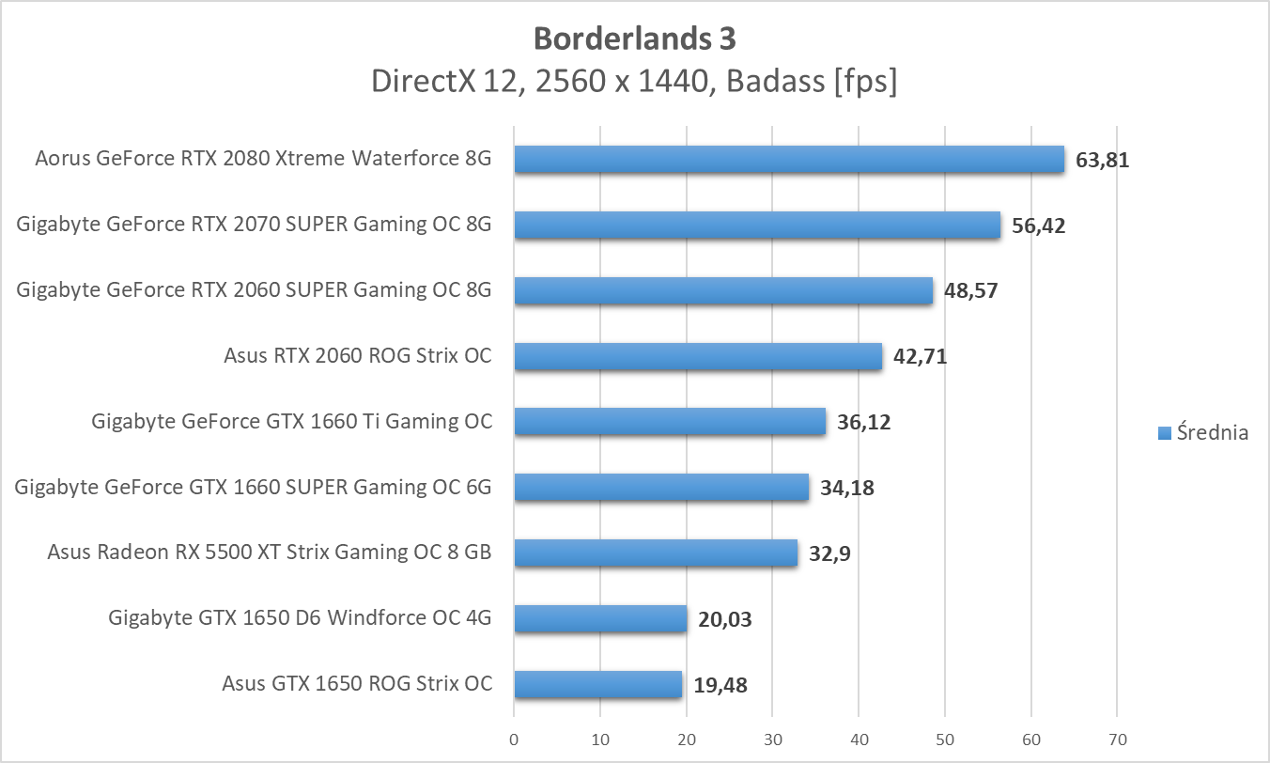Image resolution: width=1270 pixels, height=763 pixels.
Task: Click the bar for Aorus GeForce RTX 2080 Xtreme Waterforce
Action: tap(789, 160)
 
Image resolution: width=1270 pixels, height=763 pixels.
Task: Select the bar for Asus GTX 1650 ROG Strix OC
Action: tap(597, 684)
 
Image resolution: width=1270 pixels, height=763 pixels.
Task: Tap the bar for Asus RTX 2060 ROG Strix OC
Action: tap(698, 356)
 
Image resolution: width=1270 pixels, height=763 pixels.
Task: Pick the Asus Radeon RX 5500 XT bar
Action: tap(656, 553)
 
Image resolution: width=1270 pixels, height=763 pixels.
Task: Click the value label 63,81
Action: tap(1102, 160)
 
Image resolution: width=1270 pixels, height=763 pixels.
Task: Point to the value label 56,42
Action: tap(1038, 226)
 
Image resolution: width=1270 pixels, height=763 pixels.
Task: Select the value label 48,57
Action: tap(970, 290)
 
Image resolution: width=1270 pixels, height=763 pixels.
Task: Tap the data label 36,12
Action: tap(863, 422)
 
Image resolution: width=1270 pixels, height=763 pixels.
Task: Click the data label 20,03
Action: tap(725, 619)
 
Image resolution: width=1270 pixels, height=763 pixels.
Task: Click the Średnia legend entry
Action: tap(1203, 432)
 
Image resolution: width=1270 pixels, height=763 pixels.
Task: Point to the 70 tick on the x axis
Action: tap(1117, 740)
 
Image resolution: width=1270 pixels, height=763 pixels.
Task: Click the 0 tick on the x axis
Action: tap(514, 740)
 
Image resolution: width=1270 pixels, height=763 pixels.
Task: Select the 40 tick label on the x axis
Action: tap(859, 740)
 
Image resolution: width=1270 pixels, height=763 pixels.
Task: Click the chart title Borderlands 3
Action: tap(634, 39)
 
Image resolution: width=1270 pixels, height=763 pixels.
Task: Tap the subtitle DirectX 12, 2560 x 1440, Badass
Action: tap(634, 82)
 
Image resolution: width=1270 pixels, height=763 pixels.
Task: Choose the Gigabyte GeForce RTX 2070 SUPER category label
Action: tap(254, 225)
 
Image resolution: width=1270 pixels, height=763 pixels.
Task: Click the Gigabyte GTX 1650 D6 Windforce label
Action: tap(300, 618)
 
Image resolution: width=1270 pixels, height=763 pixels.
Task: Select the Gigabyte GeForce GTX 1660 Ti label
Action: tap(291, 421)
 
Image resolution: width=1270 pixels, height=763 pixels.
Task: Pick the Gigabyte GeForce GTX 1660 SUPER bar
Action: tap(661, 487)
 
